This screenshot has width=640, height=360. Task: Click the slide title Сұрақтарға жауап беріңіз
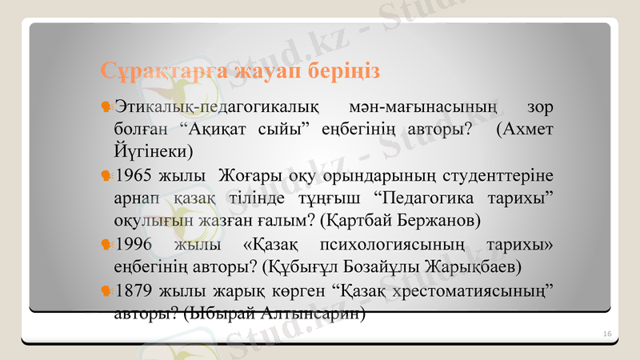click(x=240, y=70)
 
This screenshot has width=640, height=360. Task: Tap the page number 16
click(x=607, y=333)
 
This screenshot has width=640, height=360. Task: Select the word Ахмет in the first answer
click(x=528, y=128)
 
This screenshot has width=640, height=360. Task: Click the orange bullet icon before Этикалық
click(x=106, y=106)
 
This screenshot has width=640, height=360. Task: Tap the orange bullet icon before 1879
click(x=106, y=289)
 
